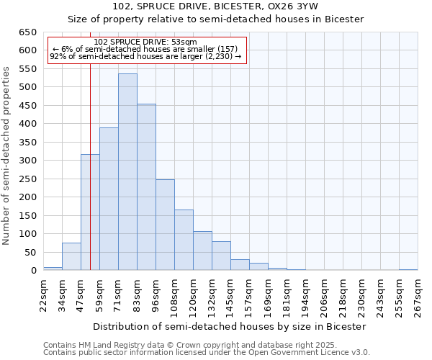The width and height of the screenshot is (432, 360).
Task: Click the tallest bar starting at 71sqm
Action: (127, 172)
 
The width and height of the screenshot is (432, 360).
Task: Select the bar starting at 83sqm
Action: (146, 187)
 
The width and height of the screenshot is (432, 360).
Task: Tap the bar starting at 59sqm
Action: (109, 199)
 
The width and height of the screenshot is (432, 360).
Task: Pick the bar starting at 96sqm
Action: (165, 225)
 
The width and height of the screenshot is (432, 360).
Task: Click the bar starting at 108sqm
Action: (184, 240)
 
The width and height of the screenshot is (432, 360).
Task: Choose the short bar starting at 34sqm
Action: (71, 256)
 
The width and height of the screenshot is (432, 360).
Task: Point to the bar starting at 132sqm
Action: (221, 256)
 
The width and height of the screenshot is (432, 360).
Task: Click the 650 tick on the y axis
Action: (27, 32)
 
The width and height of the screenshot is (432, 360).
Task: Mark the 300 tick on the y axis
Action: (27, 161)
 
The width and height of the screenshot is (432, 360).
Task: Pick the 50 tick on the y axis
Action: (30, 252)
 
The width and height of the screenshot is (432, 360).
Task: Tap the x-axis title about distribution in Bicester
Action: (230, 326)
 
